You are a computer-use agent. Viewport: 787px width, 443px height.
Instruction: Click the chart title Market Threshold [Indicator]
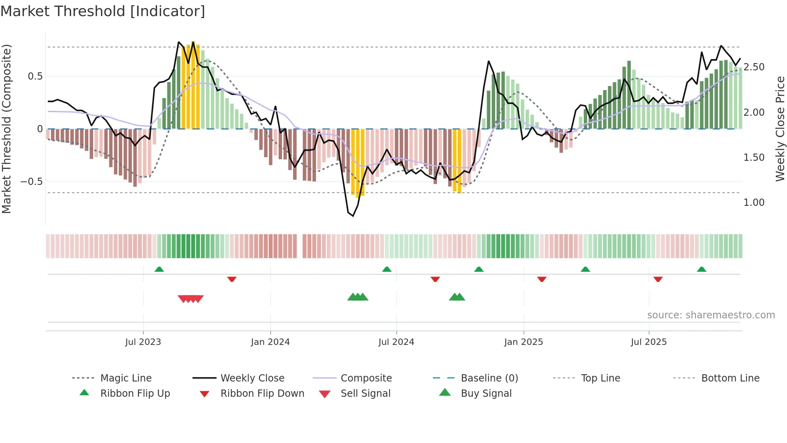coord(103,11)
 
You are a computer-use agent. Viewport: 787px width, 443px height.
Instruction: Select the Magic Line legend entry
coord(126,378)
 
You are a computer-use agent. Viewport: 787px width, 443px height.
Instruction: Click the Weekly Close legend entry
coord(252,378)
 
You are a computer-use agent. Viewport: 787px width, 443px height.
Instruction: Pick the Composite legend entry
coord(366,378)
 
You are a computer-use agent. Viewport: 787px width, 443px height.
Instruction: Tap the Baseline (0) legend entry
coord(489,378)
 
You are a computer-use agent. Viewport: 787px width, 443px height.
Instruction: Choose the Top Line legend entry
coord(600,378)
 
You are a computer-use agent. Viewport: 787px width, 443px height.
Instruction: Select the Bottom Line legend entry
coord(730,378)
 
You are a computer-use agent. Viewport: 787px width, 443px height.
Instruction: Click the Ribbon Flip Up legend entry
coord(135,393)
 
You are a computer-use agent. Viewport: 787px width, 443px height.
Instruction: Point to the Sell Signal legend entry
coord(365,393)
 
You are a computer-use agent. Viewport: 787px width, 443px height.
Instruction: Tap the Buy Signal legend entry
coord(486,393)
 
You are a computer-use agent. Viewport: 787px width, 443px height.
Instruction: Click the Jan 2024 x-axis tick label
coord(270,342)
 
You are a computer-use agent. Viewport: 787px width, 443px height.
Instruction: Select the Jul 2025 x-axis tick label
coord(648,342)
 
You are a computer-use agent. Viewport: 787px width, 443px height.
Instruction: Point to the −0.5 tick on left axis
coord(32,182)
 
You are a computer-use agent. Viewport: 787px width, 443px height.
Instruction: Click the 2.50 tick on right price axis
coord(754,67)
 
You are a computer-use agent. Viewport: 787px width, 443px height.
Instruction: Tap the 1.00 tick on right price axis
coord(754,203)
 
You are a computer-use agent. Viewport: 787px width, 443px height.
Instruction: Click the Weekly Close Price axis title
coord(780,129)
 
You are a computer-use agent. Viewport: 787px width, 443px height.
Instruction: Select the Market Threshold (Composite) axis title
coord(6,129)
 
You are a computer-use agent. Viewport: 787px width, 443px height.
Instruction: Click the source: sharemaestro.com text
coord(711,315)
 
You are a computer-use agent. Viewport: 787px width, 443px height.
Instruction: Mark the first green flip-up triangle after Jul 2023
coord(159,269)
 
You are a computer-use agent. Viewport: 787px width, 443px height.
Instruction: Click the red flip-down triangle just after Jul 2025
coord(658,279)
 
